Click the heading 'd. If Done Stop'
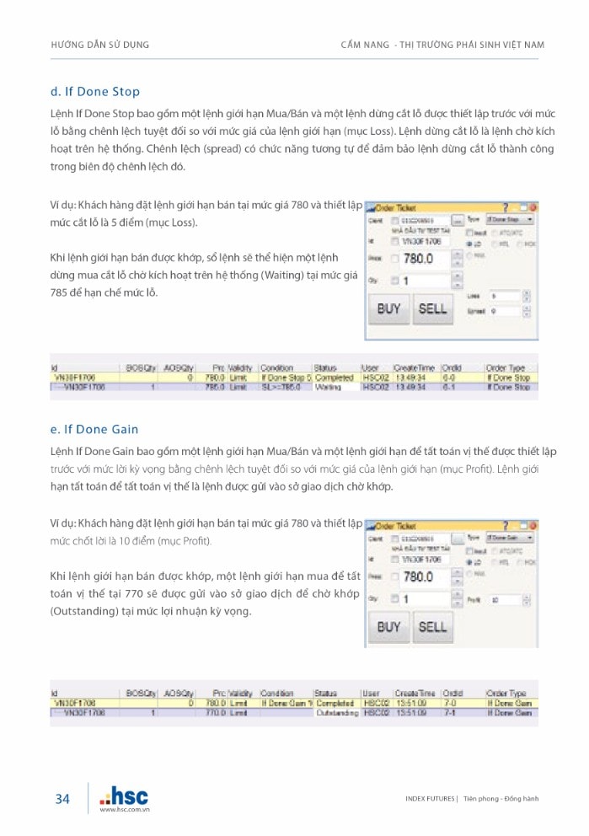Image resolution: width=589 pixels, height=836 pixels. (95, 91)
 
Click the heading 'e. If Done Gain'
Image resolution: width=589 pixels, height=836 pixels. (94, 429)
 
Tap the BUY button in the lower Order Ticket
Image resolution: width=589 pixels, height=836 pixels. (388, 626)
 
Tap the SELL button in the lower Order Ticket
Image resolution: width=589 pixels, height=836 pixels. (432, 626)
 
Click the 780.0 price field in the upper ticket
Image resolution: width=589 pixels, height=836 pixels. (419, 259)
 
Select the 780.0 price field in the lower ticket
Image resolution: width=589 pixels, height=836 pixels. (419, 577)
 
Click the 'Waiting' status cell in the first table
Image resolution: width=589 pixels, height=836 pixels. (328, 388)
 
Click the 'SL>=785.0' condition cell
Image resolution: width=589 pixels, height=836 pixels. (279, 388)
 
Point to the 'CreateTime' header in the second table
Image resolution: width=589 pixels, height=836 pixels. (415, 693)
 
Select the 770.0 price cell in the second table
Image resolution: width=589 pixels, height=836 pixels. (215, 713)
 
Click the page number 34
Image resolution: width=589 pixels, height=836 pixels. (62, 799)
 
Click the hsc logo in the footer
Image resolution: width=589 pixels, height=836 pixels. (124, 796)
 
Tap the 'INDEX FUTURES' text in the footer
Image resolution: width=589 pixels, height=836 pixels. (430, 799)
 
